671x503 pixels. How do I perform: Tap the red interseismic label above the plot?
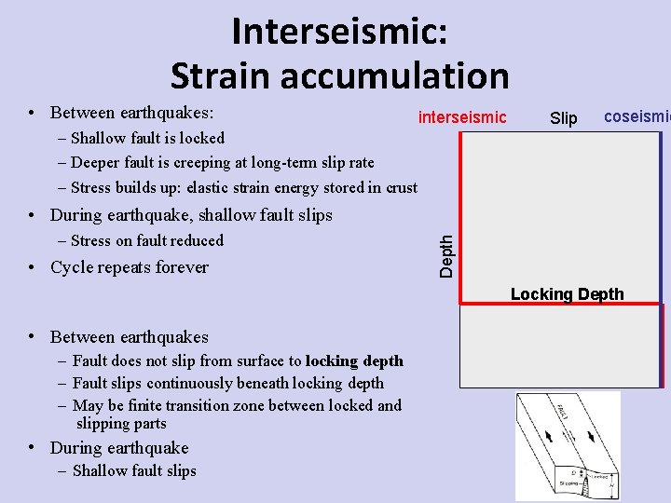coord(462,117)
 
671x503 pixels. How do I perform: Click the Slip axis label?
coord(564,118)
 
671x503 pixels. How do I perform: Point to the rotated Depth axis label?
coord(447,254)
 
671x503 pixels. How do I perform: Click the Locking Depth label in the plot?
coord(567,294)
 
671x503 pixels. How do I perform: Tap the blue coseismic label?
coord(637,116)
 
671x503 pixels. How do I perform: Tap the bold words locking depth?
coord(354,360)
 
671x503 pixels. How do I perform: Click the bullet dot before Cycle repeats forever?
coord(33,268)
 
